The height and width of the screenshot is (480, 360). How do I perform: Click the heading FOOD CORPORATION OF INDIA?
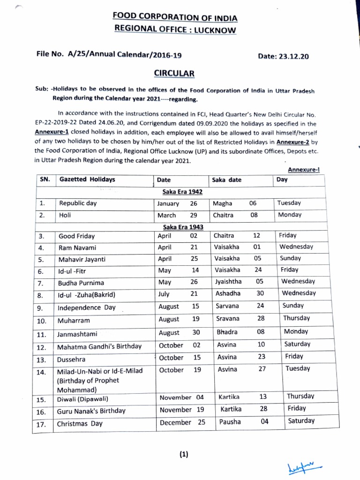[175, 18]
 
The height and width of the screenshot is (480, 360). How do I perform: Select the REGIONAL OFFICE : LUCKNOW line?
[176, 30]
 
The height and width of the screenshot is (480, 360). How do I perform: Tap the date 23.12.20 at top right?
[284, 57]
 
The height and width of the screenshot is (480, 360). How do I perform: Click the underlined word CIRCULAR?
[174, 74]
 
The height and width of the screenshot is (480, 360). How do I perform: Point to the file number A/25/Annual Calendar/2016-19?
[109, 55]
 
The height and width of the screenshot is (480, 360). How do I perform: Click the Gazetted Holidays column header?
[87, 180]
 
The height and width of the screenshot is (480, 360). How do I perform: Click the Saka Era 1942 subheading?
[180, 192]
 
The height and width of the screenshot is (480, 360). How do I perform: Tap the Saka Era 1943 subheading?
[180, 227]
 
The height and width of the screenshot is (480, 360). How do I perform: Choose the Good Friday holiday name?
[76, 236]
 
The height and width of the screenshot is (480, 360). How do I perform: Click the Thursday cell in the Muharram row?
[296, 318]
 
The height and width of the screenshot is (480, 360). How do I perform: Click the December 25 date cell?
[182, 422]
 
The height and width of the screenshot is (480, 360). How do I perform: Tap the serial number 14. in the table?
[42, 372]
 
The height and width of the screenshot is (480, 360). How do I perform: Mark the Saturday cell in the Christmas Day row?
[301, 420]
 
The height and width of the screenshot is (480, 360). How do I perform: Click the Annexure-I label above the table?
[303, 170]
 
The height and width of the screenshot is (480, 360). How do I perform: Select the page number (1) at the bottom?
[183, 454]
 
